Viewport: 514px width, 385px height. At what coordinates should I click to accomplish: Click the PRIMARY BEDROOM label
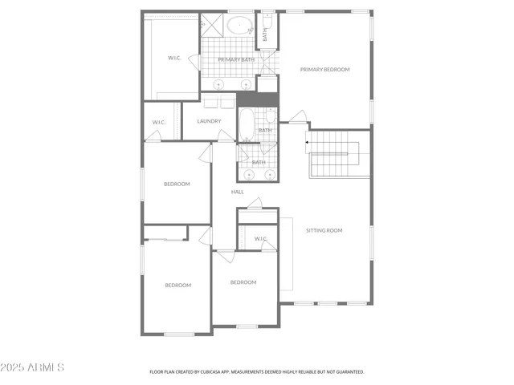325,70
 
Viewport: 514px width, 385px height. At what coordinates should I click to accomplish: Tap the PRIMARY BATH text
236,59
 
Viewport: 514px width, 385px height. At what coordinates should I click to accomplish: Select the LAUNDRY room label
209,121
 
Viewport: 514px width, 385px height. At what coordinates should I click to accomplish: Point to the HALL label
238,192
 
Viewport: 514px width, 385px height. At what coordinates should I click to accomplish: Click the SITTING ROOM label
324,230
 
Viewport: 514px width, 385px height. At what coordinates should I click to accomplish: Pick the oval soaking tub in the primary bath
240,25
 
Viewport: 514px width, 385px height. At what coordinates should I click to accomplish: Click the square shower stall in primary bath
213,24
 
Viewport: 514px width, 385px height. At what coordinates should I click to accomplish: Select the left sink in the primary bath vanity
218,83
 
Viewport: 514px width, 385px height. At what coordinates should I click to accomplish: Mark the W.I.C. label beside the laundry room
159,122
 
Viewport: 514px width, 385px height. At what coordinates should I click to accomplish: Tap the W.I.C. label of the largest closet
175,58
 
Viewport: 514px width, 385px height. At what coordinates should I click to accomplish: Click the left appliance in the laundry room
211,102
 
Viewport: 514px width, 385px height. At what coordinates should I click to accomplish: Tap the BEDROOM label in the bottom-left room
178,286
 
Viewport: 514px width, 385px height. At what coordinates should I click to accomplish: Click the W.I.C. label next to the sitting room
260,238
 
